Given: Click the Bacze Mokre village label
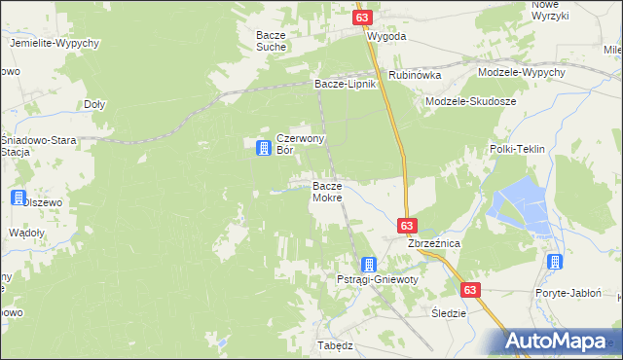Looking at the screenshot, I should point(326,192).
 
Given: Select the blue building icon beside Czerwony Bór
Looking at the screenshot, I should point(263,148).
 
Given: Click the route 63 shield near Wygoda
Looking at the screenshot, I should point(362,18).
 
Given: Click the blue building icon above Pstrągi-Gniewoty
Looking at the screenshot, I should point(368,264).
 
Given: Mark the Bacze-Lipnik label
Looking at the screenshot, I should point(344,85).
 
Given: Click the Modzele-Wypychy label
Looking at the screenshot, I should point(522,73).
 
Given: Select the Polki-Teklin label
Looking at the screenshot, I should point(515,149).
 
